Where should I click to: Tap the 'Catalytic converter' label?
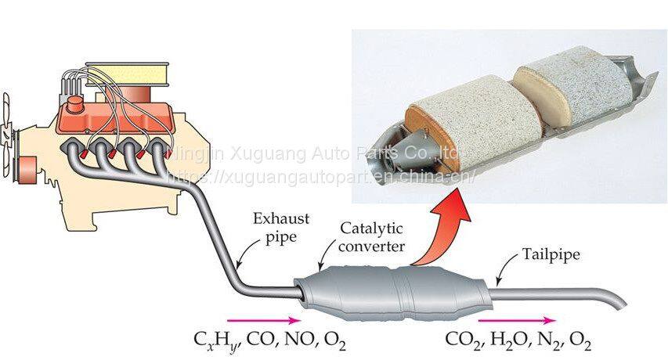coord(370,236)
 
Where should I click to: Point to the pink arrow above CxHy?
coord(263,320)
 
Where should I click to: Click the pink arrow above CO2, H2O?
coord(517,320)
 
